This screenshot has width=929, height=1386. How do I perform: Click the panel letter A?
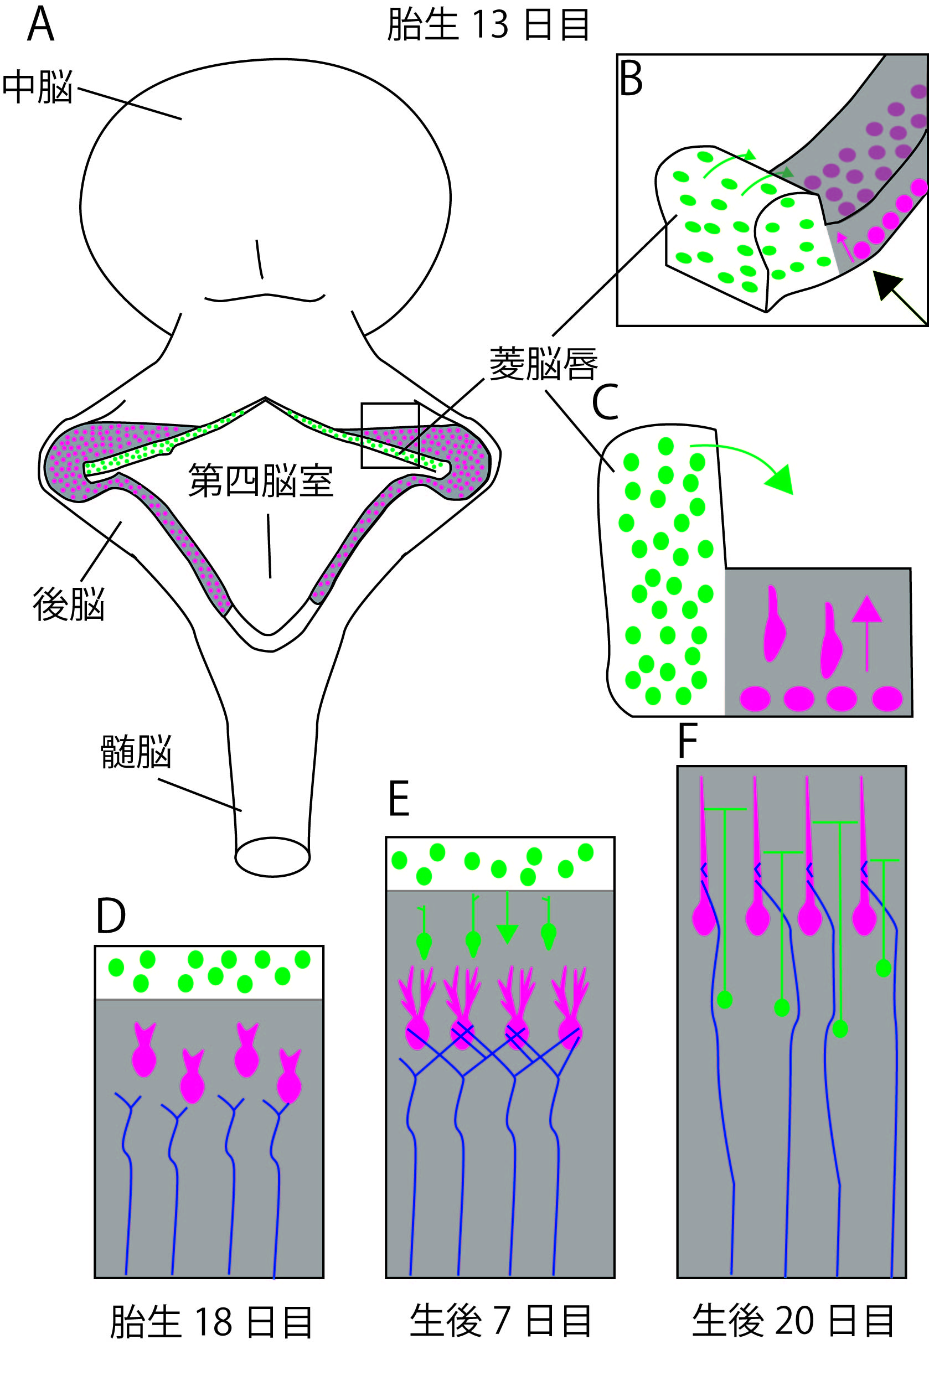pyautogui.click(x=41, y=25)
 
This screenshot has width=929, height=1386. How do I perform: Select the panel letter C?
pyautogui.click(x=605, y=402)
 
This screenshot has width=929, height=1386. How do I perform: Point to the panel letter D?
pyautogui.click(x=111, y=916)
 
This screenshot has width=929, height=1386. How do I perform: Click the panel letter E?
pyautogui.click(x=399, y=799)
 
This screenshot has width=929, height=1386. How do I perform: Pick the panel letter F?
pyautogui.click(x=687, y=741)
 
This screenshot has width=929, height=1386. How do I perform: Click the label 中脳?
pyautogui.click(x=37, y=87)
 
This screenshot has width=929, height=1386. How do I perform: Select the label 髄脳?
pyautogui.click(x=136, y=752)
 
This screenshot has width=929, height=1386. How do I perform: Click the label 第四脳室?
pyautogui.click(x=261, y=480)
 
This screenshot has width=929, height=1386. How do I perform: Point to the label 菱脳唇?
pyautogui.click(x=543, y=364)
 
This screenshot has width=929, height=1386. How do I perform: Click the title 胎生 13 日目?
pyautogui.click(x=488, y=25)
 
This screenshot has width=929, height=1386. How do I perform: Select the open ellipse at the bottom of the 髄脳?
pyautogui.click(x=272, y=856)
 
